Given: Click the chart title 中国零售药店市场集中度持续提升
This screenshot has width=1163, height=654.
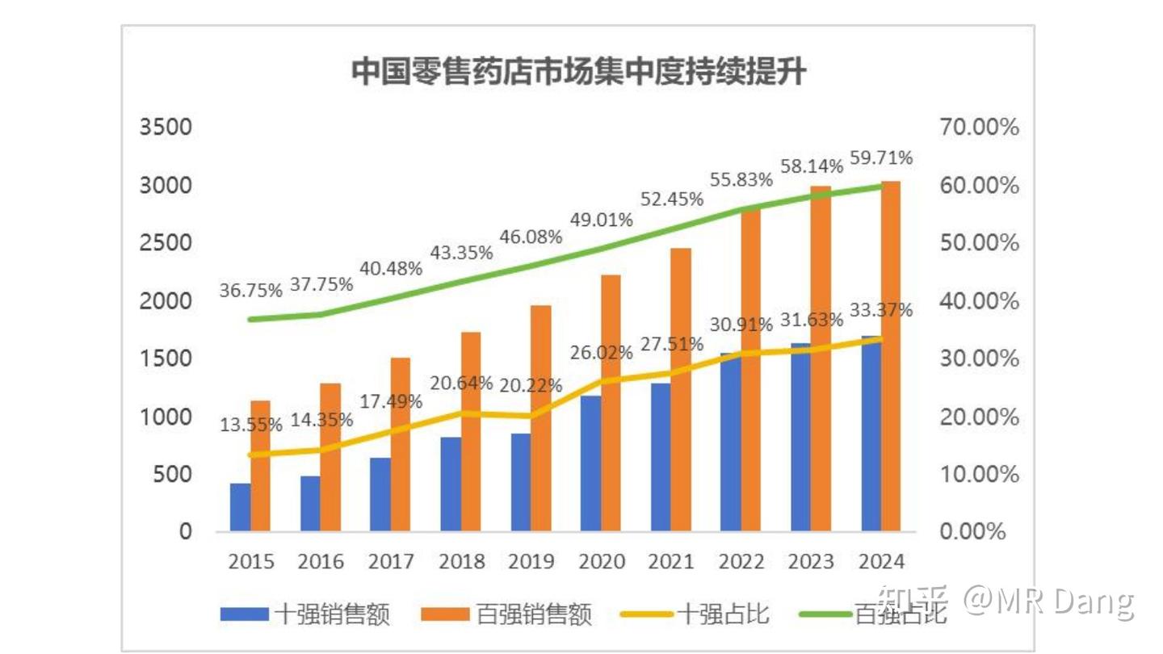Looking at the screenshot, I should pos(579,72).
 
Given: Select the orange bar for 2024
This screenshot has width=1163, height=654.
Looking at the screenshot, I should pos(891,355).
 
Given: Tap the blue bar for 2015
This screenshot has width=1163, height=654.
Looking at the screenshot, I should pos(240,507).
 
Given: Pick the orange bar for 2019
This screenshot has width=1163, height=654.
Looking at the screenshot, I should pos(541,417).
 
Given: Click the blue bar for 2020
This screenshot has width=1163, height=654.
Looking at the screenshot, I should pos(591,463).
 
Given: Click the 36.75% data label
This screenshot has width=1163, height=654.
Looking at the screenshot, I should pos(251,290).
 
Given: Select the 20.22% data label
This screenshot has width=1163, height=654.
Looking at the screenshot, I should pos(530,386).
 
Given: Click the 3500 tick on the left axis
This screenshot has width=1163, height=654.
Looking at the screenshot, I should pos(166,128).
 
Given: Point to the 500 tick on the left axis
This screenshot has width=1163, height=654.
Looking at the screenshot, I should pos(173,474).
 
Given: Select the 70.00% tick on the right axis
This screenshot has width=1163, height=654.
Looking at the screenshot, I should pos(979,128).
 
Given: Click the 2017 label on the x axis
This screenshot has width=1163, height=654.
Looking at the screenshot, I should pos(391,561).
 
